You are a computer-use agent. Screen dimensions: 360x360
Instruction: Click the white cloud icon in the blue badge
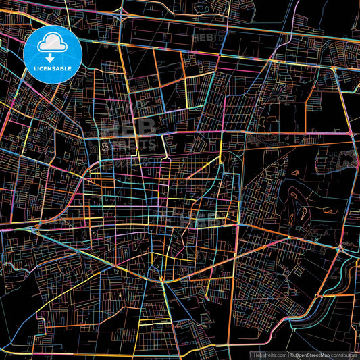click(x=53, y=45)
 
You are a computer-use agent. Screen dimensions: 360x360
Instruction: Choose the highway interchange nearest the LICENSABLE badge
click(x=121, y=11)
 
